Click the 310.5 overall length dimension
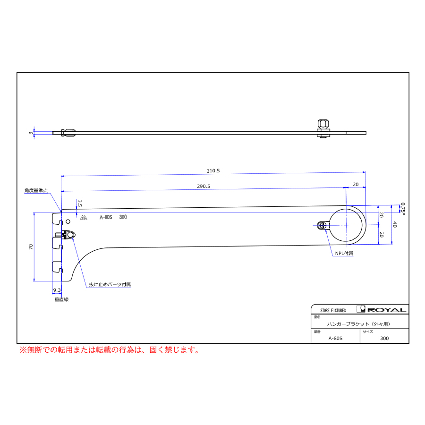213,171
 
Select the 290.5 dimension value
204,186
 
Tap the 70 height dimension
31,246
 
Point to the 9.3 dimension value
57,290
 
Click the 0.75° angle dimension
403,209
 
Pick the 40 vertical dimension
395,224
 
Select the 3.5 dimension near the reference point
79,203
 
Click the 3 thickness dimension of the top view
31,133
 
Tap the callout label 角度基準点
36,191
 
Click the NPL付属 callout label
344,253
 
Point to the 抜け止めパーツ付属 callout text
110,284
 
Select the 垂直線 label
61,299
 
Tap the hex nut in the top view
323,124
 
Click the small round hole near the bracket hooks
68,221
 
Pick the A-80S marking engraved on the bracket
106,217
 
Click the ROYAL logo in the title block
382,309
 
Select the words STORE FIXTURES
333,310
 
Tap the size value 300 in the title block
384,338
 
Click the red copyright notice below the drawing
110,350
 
